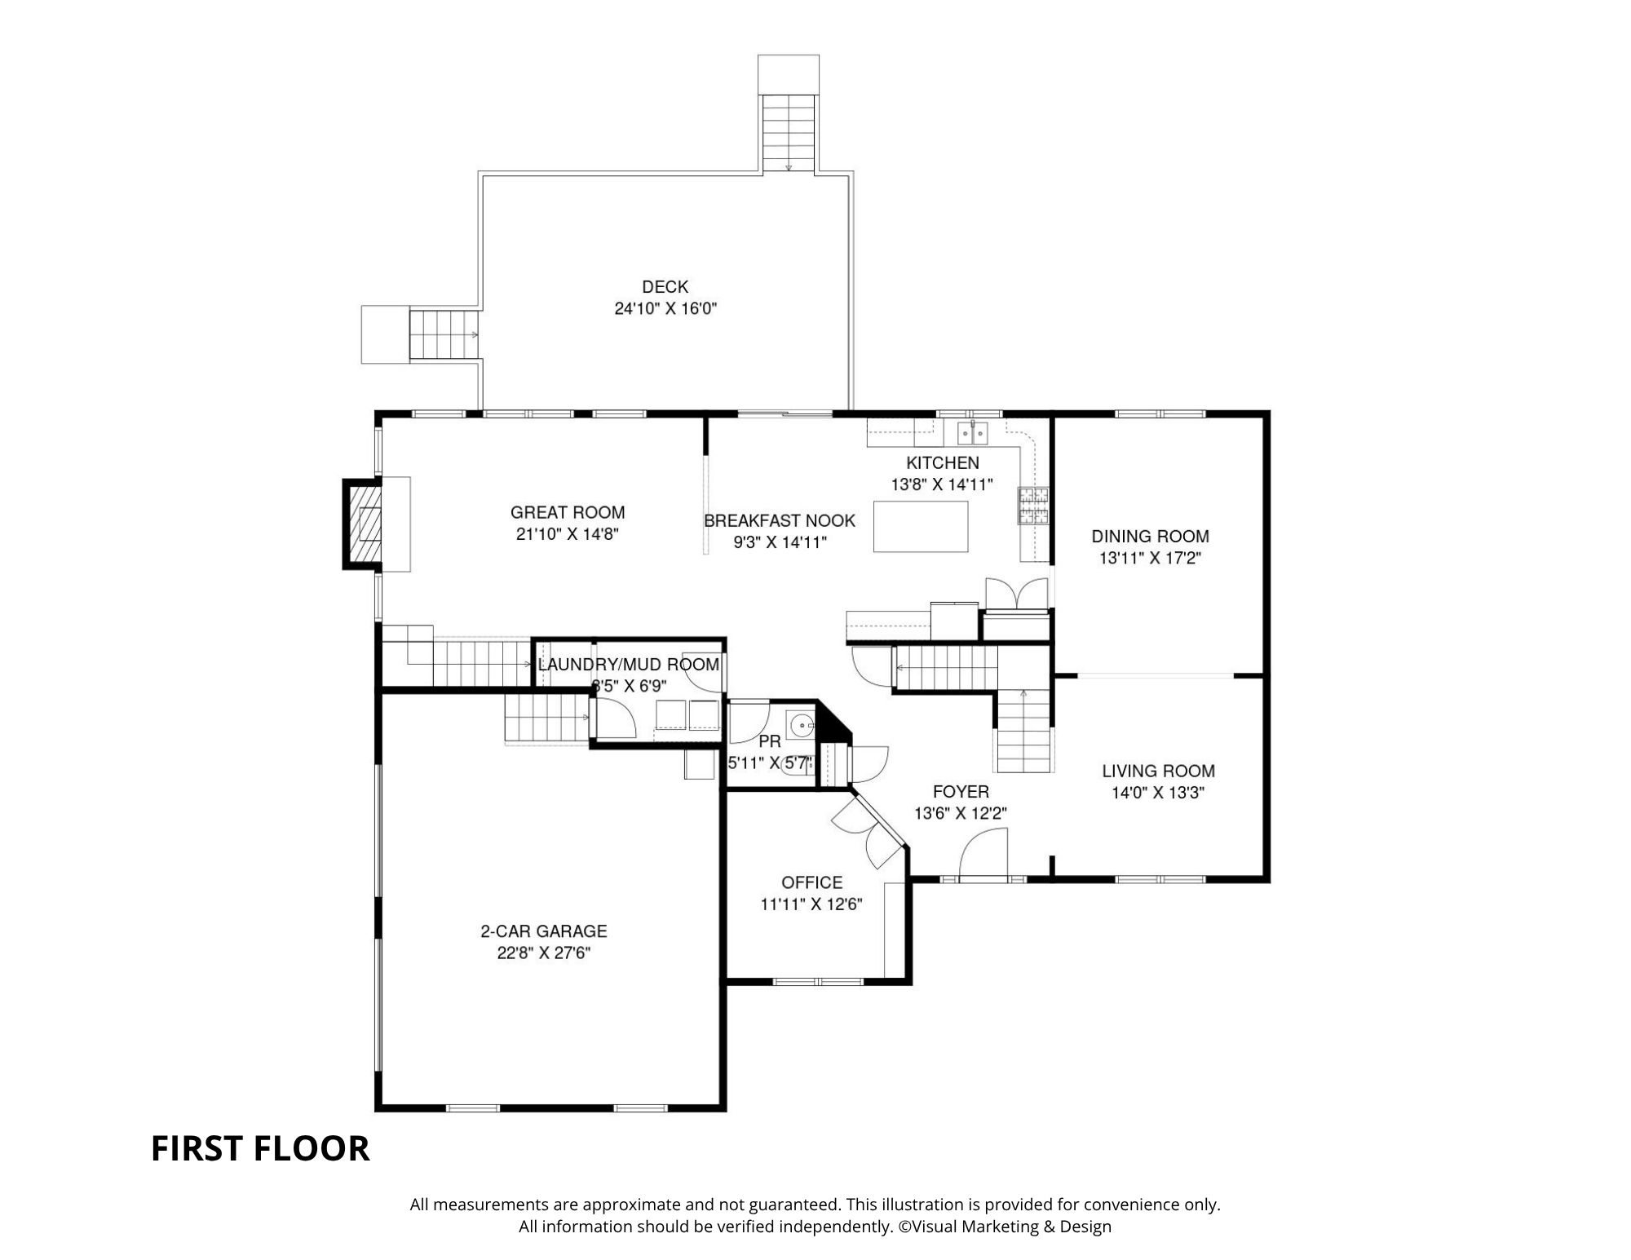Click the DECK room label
(665, 287)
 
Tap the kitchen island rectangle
(921, 527)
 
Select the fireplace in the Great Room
(364, 524)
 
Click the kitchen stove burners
(1032, 505)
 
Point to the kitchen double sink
(973, 432)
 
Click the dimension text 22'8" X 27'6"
(544, 953)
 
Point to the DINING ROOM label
(1150, 537)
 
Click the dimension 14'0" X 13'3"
(1158, 793)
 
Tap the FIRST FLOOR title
(260, 1148)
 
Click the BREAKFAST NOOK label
(780, 521)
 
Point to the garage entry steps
(546, 717)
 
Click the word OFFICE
(811, 882)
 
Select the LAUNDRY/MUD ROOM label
(629, 665)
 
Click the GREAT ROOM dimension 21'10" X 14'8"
(568, 534)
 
